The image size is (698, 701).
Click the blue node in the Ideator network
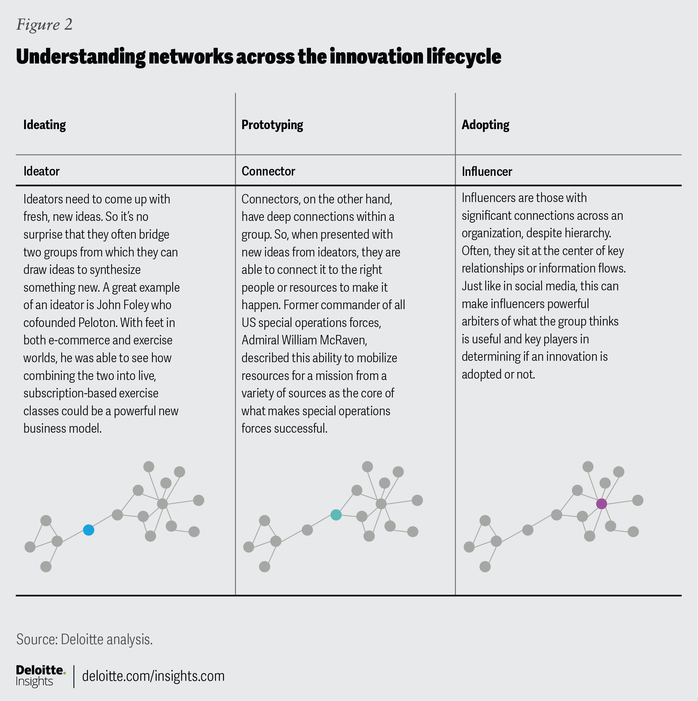pos(89,530)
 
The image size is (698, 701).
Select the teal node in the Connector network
pos(336,515)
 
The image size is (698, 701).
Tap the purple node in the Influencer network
pos(601,504)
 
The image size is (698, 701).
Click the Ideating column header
pos(45,125)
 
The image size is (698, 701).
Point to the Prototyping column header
pos(272,125)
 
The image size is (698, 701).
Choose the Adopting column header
pos(485,125)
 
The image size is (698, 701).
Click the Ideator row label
pos(42,171)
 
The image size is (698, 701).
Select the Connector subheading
pos(268,171)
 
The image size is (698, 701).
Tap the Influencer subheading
pos(487,171)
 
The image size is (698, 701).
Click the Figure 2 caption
pos(44,24)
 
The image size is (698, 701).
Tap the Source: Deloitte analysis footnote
pos(84,639)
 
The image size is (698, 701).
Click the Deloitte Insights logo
pos(40,676)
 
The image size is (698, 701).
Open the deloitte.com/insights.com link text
pos(153,676)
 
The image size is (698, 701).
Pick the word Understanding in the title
pos(81,57)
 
